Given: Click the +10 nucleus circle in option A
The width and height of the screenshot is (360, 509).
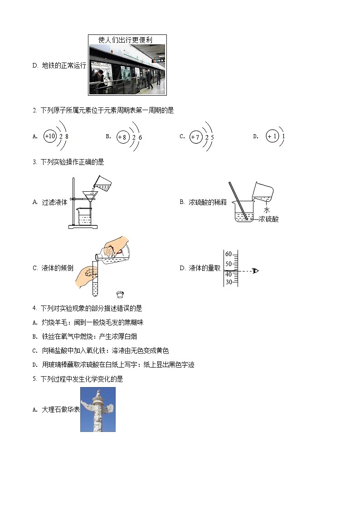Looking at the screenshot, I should click(50, 136).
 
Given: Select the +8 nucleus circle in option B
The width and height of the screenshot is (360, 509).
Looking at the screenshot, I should click(122, 137).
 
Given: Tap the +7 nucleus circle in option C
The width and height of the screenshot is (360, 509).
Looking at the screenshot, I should click(195, 137).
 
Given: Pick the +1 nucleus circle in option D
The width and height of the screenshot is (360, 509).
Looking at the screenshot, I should click(272, 136).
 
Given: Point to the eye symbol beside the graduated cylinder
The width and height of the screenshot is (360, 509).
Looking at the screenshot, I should click(255, 271).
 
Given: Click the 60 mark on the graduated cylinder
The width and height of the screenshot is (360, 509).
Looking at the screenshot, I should click(229, 254).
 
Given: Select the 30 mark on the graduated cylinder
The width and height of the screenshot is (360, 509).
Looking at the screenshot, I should click(229, 282).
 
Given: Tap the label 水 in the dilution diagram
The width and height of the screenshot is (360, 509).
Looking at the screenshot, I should click(267, 210).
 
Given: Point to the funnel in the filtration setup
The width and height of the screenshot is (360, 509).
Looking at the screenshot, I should click(91, 196).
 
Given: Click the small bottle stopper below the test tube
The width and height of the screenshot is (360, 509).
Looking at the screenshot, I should click(120, 295).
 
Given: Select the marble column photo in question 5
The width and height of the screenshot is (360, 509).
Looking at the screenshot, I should click(98, 409).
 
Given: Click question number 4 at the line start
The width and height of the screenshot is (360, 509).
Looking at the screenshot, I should click(34, 308).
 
